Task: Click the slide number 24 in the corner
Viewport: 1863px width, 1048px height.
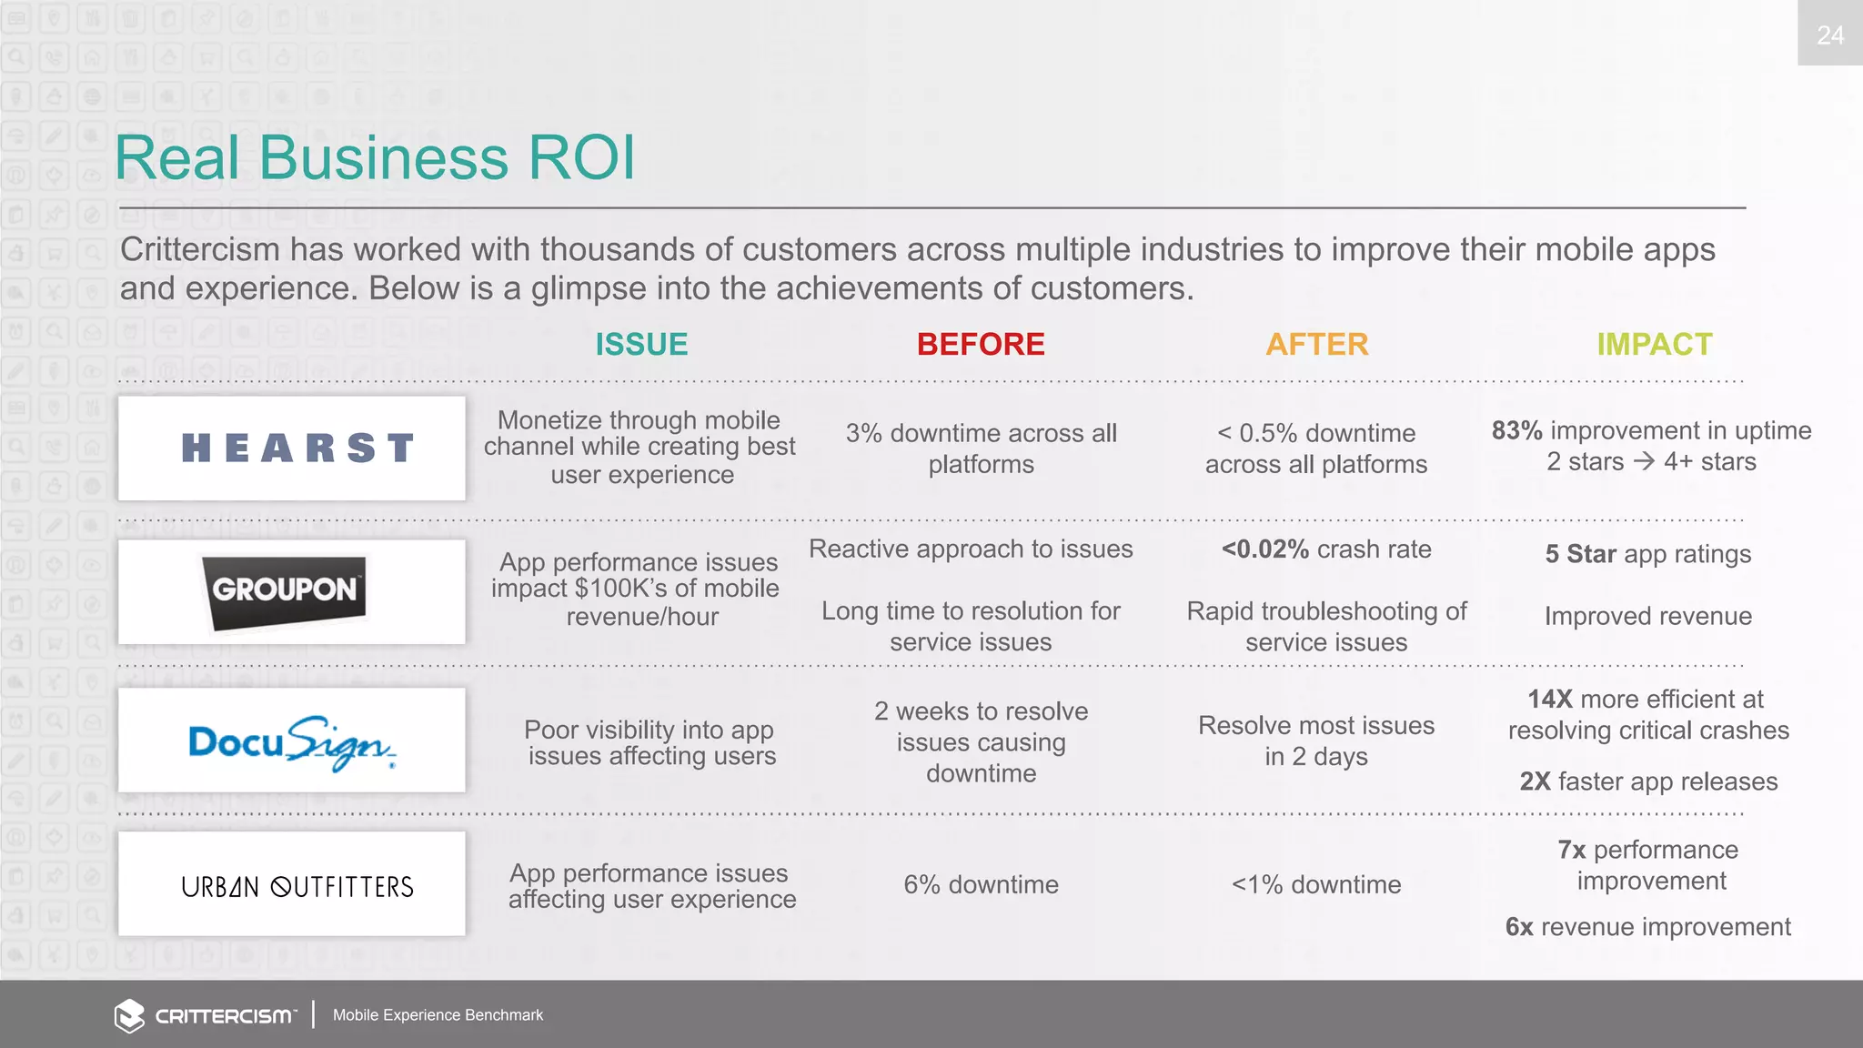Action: pos(1829,35)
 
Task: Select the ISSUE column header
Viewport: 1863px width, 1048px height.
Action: pos(641,345)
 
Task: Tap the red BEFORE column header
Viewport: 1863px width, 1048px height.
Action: pos(981,345)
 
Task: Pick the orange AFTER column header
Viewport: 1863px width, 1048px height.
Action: pos(1316,345)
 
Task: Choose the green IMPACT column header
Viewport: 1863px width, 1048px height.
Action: pos(1654,345)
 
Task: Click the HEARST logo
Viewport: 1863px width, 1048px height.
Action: pos(297,448)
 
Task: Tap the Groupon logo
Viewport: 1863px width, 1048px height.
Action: pos(285,591)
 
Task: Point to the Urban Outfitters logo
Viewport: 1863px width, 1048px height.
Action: pos(297,886)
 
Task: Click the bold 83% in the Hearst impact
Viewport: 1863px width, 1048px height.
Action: pos(1516,430)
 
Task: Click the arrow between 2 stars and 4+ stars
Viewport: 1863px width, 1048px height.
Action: pos(1643,461)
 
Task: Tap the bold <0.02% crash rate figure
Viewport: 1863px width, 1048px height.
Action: pos(1265,549)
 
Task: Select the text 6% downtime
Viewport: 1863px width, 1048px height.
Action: pos(981,884)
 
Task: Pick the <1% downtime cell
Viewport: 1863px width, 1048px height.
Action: pos(1315,884)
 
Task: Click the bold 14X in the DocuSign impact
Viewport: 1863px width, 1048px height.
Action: pos(1549,699)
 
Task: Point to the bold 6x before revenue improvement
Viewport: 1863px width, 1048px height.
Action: pos(1519,927)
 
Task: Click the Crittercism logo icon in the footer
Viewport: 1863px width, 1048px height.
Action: pos(129,1015)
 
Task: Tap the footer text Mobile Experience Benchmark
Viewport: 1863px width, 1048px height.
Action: pos(438,1015)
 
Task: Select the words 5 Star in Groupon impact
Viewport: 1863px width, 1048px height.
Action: pos(1580,554)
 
